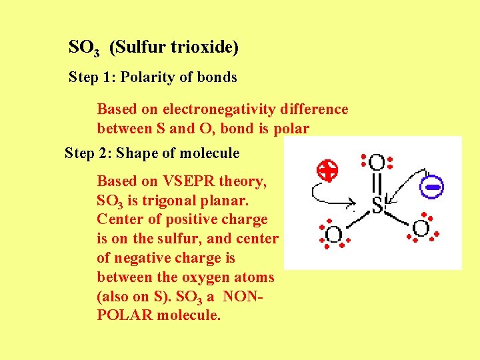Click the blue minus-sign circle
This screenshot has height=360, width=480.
pos(431,187)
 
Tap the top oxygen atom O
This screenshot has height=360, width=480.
pos(377,162)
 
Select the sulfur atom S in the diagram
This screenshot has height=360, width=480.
pos(377,207)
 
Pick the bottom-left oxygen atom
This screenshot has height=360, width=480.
pos(333,234)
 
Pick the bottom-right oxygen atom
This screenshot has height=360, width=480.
pos(421,229)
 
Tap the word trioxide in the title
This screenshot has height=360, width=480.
pos(206,47)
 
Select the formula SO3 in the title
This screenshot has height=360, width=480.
pos(84,48)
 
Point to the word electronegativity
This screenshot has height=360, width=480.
pos(223,109)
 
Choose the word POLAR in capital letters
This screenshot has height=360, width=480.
pos(125,315)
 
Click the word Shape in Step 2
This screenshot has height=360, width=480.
pos(136,153)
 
